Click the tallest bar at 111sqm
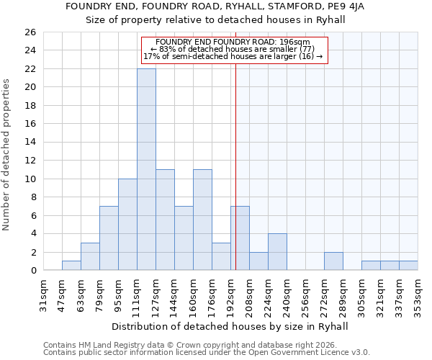pyautogui.click(x=146, y=169)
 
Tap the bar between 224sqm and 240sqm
pyautogui.click(x=277, y=252)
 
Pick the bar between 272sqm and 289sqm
pyautogui.click(x=333, y=261)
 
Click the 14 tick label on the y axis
pyautogui.click(x=30, y=143)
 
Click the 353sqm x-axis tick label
pyautogui.click(x=418, y=294)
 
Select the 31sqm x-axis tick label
pyautogui.click(x=43, y=294)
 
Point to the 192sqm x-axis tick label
pyautogui.click(x=230, y=294)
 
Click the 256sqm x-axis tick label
pyautogui.click(x=305, y=294)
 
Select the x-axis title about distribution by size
pyautogui.click(x=230, y=326)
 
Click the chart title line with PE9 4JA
pyautogui.click(x=216, y=6)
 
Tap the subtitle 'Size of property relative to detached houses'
pyautogui.click(x=216, y=20)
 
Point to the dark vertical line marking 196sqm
pyautogui.click(x=236, y=144)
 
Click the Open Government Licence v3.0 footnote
pyautogui.click(x=207, y=352)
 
